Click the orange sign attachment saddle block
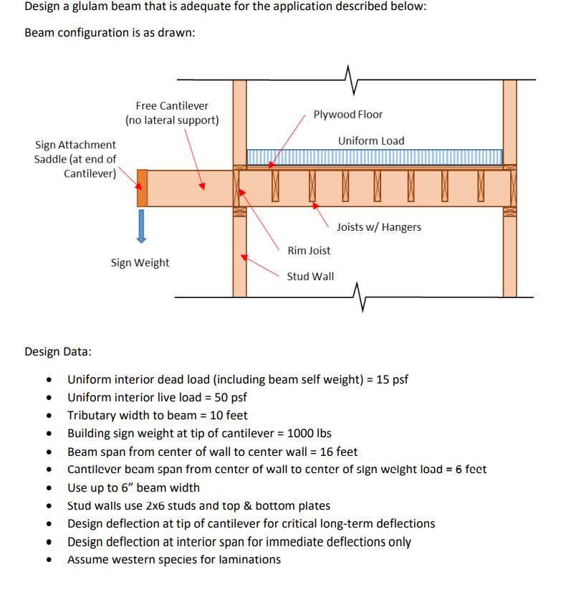(x=142, y=188)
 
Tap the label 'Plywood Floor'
(x=347, y=115)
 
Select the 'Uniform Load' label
(x=371, y=140)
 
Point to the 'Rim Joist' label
(x=309, y=250)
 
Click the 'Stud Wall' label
(x=310, y=276)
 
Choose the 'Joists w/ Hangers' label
(x=378, y=227)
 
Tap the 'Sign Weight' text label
(x=140, y=262)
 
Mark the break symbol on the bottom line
(x=360, y=296)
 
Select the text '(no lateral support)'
(x=172, y=120)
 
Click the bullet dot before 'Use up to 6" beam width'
(x=49, y=488)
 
